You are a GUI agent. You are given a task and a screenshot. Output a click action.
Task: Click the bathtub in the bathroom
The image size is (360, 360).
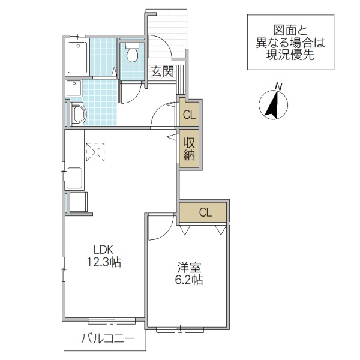(77, 57)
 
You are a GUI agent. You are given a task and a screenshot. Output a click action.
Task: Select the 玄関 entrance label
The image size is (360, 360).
(161, 71)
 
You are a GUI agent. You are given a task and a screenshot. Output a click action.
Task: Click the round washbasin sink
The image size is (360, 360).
(77, 113)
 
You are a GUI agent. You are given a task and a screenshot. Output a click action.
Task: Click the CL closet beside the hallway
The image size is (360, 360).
(188, 113)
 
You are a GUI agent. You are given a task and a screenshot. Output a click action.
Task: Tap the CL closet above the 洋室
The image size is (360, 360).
(205, 212)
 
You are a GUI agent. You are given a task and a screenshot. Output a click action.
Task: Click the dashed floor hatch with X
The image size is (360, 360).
(95, 152)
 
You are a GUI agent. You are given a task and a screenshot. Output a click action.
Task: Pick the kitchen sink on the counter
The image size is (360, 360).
(74, 179)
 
